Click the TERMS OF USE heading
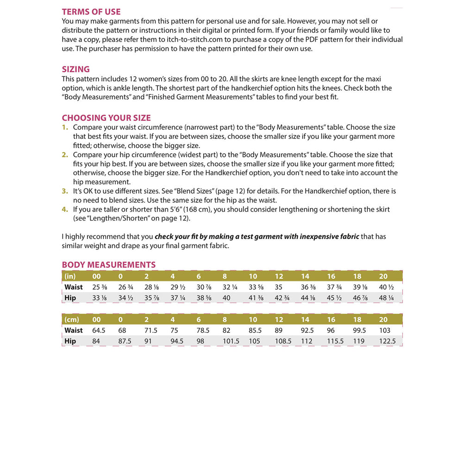(x=91, y=12)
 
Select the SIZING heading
(x=76, y=69)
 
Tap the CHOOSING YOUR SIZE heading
(x=106, y=118)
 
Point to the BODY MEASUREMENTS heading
(x=109, y=265)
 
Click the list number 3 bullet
(x=65, y=191)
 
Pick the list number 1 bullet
(x=65, y=127)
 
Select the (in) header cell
(x=70, y=276)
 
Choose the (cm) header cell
(x=71, y=319)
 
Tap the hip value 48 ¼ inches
(x=386, y=298)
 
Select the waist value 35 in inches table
(x=279, y=287)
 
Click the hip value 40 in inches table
(x=226, y=298)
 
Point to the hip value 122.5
(x=388, y=341)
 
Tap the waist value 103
(x=385, y=331)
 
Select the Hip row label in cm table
(x=70, y=341)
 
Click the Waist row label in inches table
(x=74, y=287)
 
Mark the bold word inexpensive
(x=329, y=237)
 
